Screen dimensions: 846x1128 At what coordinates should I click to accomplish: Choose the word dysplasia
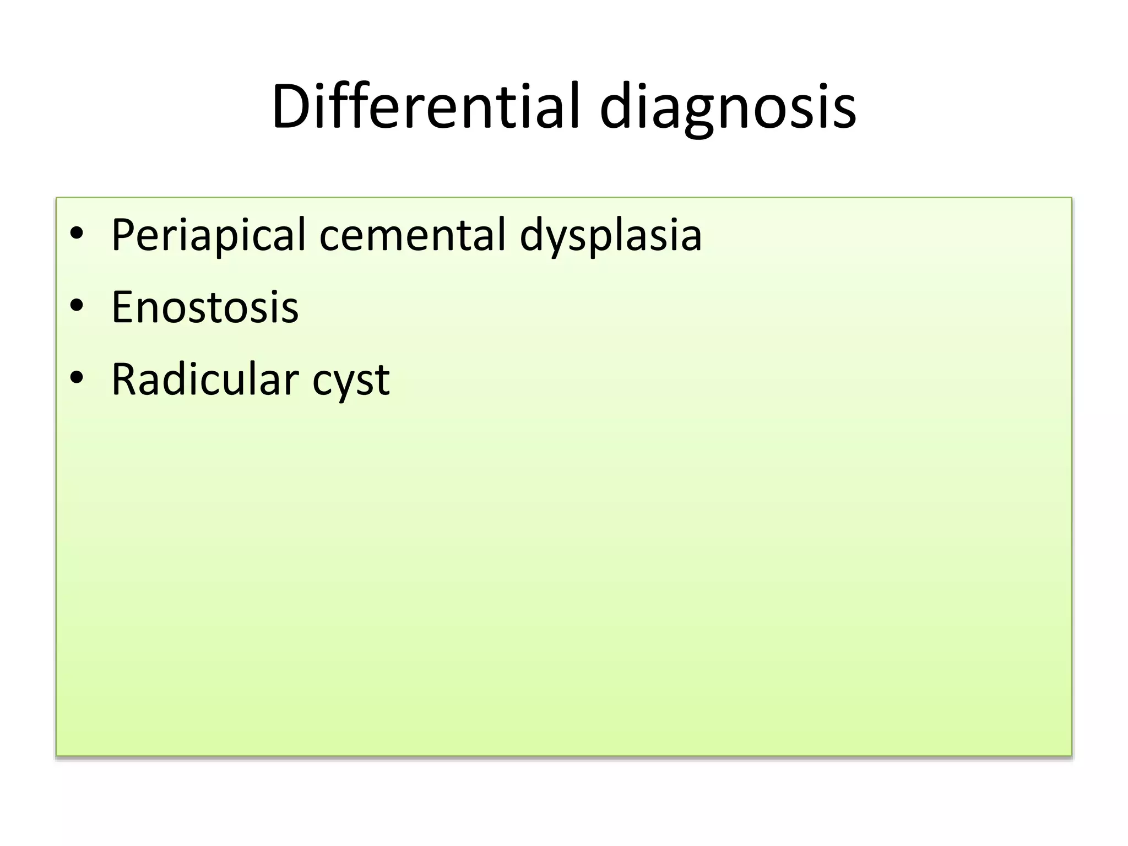click(x=610, y=237)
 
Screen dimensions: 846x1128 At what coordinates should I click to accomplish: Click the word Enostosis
click(x=205, y=307)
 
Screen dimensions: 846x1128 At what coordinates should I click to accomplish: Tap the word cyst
click(x=351, y=381)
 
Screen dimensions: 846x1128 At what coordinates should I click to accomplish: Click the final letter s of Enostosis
click(x=290, y=308)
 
